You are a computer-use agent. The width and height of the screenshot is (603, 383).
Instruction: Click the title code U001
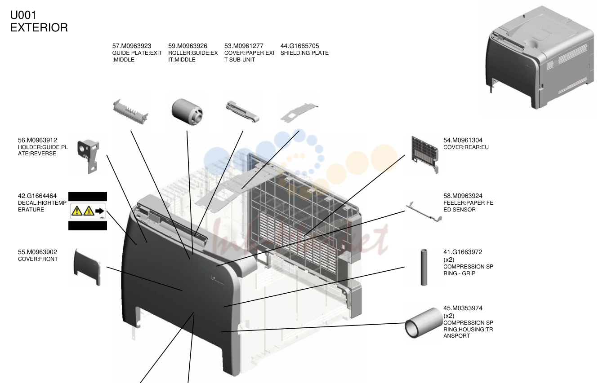23,15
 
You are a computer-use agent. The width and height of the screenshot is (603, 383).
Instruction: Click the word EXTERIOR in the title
39,27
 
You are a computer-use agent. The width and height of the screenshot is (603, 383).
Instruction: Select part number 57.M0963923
132,46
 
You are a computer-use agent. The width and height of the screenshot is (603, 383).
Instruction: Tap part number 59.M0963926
188,46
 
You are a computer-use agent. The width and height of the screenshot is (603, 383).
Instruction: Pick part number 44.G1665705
299,46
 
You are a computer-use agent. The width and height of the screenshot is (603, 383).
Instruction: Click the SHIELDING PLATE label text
304,53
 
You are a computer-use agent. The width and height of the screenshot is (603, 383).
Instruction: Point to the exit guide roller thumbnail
187,112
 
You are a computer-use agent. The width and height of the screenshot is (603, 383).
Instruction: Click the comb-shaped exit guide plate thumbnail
130,111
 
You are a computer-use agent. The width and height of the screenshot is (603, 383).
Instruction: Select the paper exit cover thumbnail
242,112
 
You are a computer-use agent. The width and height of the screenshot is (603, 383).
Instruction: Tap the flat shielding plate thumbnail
299,113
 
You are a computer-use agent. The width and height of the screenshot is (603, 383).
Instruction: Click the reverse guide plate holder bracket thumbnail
88,156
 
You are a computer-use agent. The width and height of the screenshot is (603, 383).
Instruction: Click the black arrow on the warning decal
100,211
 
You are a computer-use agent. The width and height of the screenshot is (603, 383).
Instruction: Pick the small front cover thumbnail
87,267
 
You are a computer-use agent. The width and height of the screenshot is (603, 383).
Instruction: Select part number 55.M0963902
37,252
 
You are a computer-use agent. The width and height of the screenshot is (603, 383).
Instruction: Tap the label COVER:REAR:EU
466,147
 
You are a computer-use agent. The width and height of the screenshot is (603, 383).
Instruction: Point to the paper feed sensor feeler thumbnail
424,212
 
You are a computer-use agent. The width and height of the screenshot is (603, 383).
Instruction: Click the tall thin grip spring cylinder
424,267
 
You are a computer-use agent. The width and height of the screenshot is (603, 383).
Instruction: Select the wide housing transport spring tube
424,323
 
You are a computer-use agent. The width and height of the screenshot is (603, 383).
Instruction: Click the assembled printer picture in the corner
539,58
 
